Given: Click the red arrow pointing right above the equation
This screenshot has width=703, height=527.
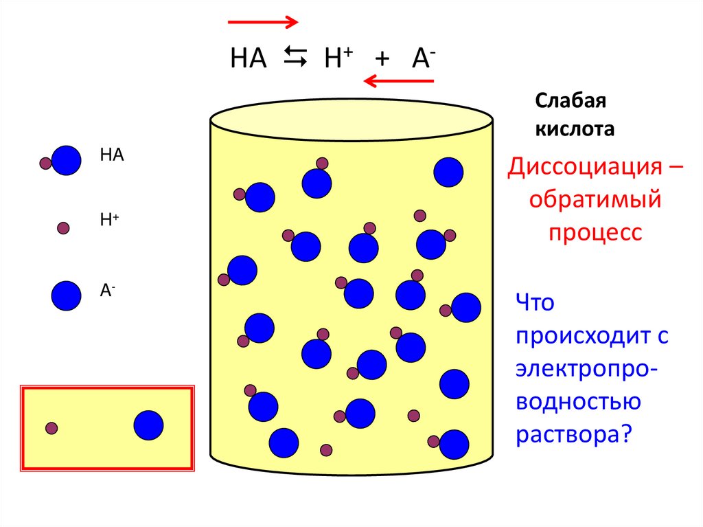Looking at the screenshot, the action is point(263,22).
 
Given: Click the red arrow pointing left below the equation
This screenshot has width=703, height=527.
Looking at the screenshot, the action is point(398,82).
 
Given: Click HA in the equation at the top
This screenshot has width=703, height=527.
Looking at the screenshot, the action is point(248,59).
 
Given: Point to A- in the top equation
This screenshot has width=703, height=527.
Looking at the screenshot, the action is point(420,59).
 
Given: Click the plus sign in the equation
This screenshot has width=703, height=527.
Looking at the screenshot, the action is point(382,60).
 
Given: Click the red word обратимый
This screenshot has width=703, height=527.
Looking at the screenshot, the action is point(595,201).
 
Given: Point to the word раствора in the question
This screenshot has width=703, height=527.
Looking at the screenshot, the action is point(566,434).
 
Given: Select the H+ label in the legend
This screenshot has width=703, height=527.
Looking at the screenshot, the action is point(109,219).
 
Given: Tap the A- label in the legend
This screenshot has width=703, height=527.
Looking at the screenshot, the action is point(108,290).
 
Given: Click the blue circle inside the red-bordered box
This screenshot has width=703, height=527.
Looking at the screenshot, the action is point(148,425).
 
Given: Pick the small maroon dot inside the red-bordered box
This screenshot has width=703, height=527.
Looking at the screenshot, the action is point(51,428).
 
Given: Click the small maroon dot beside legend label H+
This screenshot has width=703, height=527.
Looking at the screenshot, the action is point(63,228).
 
